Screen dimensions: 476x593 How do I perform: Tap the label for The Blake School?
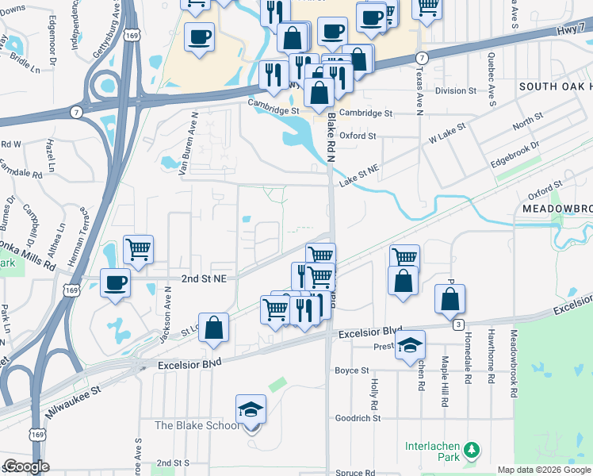[x=197, y=426]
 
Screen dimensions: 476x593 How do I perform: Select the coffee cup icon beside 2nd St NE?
[x=116, y=283]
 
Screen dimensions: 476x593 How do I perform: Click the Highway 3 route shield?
[x=458, y=325]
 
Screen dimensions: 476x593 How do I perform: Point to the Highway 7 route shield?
[x=422, y=58]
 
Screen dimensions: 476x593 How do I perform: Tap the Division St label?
[x=456, y=90]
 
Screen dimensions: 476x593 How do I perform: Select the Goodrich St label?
[x=358, y=418]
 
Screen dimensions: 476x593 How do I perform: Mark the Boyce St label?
[x=352, y=370]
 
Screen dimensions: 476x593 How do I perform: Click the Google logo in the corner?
[x=26, y=466]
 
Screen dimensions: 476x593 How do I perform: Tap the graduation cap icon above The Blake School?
[x=251, y=409]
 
